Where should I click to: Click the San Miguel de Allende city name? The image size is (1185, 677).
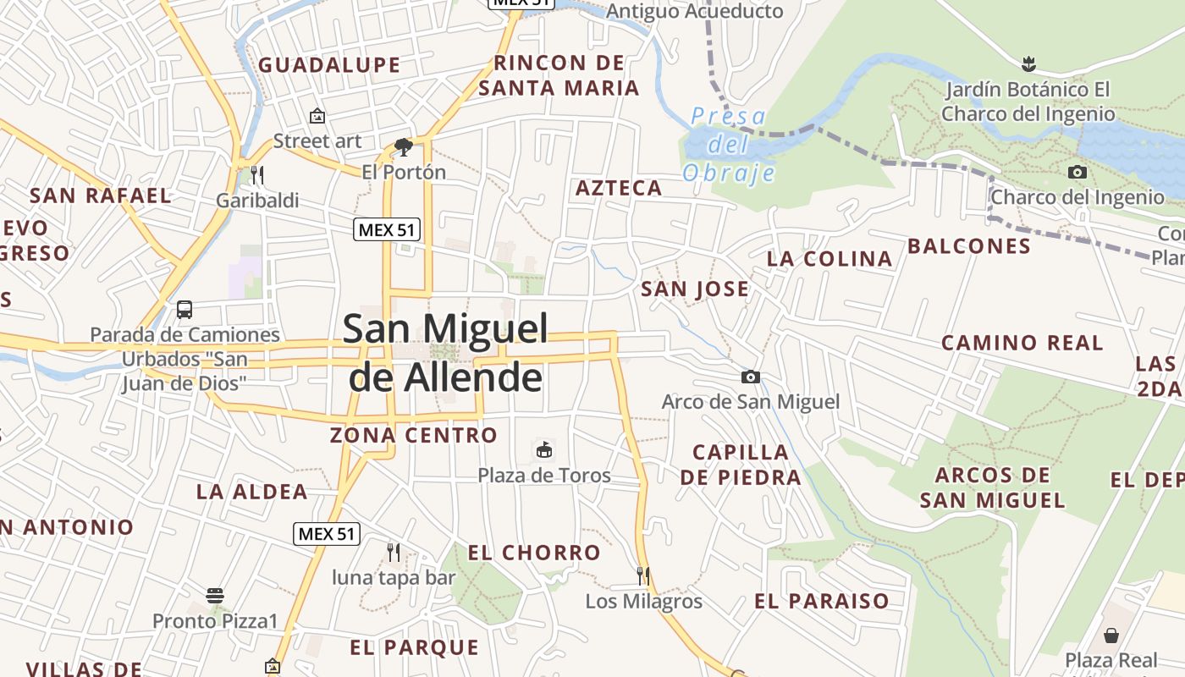point(446,353)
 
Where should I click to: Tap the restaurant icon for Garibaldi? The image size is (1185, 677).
point(257,175)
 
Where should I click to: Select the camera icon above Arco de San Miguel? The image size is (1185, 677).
point(750,377)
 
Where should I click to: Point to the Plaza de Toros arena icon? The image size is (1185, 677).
point(543,449)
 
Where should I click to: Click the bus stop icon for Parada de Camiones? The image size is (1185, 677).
point(185,310)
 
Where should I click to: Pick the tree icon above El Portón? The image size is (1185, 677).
point(404,147)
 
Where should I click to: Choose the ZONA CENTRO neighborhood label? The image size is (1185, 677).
point(414,436)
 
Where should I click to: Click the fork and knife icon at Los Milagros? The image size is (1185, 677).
point(643,576)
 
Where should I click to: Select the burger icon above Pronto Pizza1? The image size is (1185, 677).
point(215,596)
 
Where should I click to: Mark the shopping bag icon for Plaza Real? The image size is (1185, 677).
point(1111,635)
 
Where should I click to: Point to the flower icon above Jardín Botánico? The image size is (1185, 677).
point(1028,63)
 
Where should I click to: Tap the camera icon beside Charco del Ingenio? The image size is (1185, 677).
point(1077,173)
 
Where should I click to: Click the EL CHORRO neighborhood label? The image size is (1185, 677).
point(534,553)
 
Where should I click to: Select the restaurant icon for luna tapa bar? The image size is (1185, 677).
point(393,553)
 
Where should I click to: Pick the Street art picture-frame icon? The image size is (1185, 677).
point(317,116)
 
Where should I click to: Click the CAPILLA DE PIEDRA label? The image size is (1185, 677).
point(741,465)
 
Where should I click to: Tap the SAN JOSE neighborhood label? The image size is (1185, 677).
point(695,289)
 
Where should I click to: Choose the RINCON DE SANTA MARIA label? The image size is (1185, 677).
point(559,75)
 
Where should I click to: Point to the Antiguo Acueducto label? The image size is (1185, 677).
point(695,12)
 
